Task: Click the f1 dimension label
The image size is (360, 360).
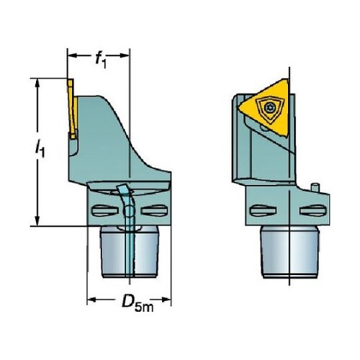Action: point(101,60)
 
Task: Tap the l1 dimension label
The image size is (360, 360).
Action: point(40,149)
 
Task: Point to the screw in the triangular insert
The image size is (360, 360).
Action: point(269,108)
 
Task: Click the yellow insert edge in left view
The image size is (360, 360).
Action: point(73,109)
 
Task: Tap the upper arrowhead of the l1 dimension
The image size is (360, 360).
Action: point(37,84)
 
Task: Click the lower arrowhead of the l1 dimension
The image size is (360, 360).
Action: point(37,220)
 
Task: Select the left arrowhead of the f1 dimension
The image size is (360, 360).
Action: point(73,55)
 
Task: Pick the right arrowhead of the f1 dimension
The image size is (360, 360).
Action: point(125,55)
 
